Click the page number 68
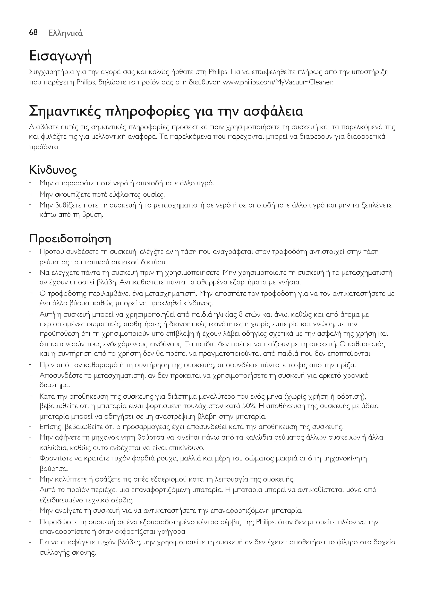[33, 32]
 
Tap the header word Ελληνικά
[66, 33]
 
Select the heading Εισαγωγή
[60, 57]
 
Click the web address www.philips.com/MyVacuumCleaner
[278, 83]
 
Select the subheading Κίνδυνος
[53, 171]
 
